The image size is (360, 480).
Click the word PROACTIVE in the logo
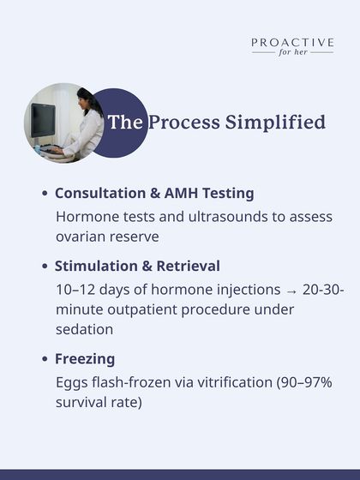tap(292, 41)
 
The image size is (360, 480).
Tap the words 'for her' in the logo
tap(292, 52)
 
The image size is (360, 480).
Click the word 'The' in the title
tap(125, 123)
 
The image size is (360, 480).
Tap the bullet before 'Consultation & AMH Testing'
tap(44, 195)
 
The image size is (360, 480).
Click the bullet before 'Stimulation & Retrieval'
tap(44, 266)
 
